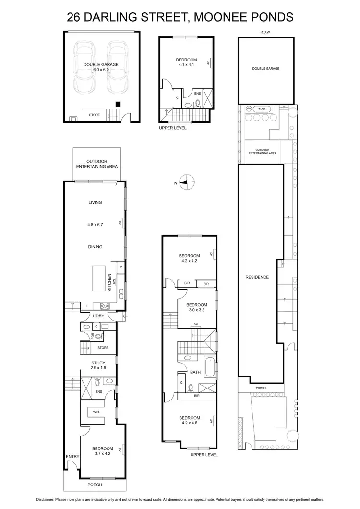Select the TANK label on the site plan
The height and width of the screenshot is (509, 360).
(262, 109)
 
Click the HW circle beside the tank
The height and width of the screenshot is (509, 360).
(249, 109)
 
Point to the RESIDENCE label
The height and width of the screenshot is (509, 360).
(257, 277)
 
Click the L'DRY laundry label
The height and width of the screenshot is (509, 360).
(99, 315)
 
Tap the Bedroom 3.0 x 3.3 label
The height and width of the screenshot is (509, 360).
(196, 308)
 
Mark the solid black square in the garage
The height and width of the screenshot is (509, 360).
(118, 104)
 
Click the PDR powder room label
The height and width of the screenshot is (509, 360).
(93, 336)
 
